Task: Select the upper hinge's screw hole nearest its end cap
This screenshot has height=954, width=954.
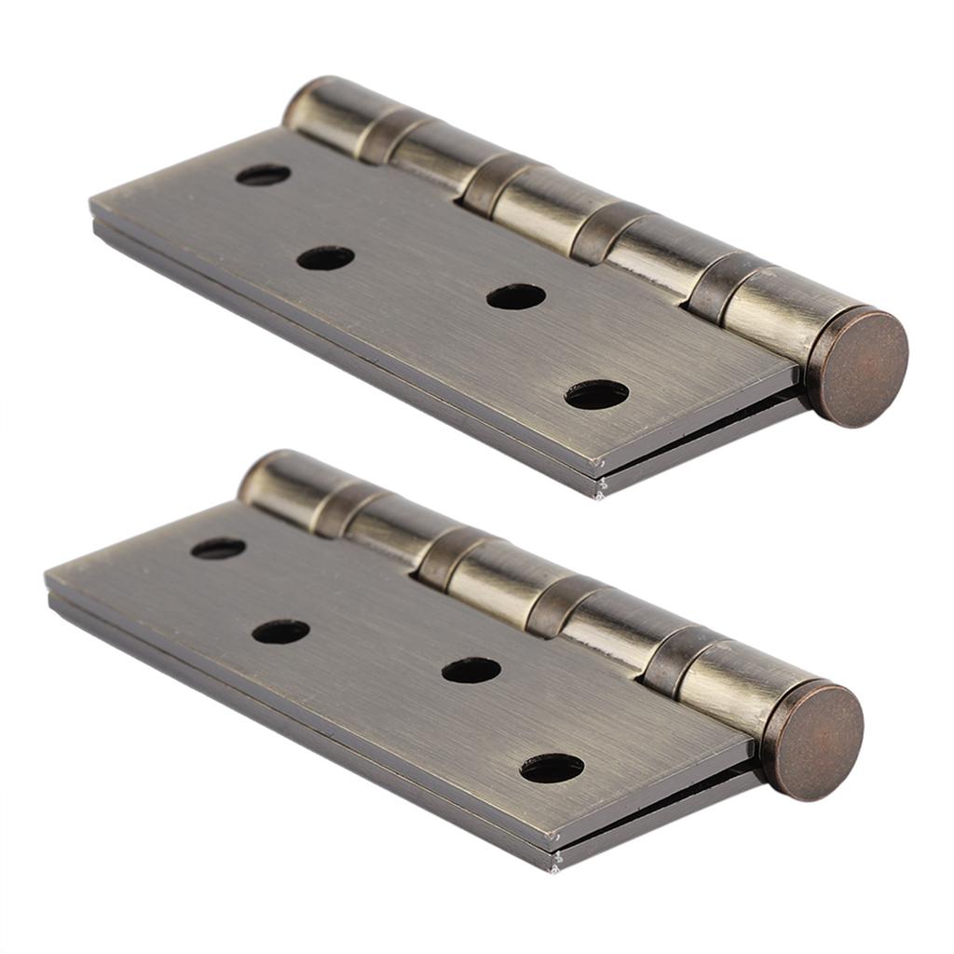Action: tap(596, 395)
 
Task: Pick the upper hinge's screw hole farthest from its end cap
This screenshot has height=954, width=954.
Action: tap(263, 174)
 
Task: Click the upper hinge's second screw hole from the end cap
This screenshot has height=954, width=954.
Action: tap(515, 296)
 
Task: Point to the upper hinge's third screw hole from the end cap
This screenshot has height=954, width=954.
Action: tap(325, 258)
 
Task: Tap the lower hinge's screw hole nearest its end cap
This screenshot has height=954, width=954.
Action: tap(552, 768)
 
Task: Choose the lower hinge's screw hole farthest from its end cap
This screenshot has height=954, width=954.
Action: tap(218, 549)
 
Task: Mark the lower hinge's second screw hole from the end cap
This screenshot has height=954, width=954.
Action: tap(470, 670)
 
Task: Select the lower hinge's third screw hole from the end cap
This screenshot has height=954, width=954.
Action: tap(280, 632)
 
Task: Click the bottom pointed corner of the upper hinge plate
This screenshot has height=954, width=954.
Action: tap(599, 491)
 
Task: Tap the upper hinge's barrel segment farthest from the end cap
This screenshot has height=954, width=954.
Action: tap(321, 110)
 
